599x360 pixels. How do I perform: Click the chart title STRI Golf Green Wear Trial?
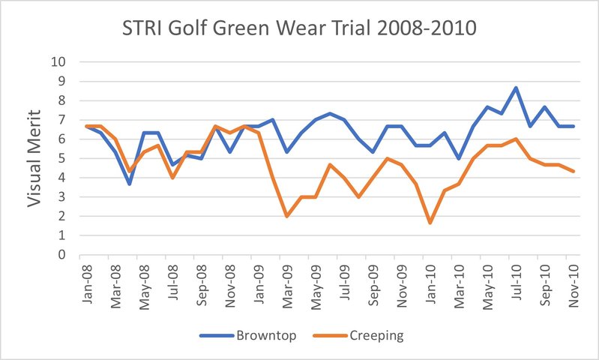click(300, 31)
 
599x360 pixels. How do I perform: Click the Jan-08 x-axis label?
click(86, 279)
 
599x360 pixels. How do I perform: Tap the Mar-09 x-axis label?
click(287, 279)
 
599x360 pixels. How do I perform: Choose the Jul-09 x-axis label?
click(345, 279)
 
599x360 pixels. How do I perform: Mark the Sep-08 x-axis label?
click(201, 279)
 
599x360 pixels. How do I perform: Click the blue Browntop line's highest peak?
click(516, 88)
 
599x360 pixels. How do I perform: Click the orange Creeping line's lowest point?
click(430, 223)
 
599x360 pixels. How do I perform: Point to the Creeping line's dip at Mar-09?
click(287, 216)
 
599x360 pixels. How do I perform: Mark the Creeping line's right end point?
click(574, 172)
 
